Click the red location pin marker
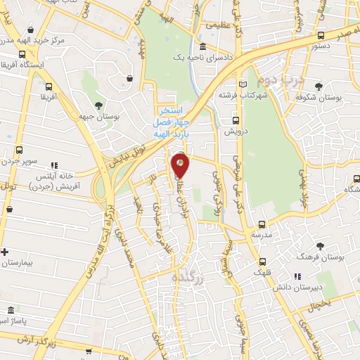(x=181, y=166)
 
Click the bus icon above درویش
(x=238, y=120)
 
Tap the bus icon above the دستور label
(x=321, y=35)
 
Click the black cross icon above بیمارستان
(x=5, y=251)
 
